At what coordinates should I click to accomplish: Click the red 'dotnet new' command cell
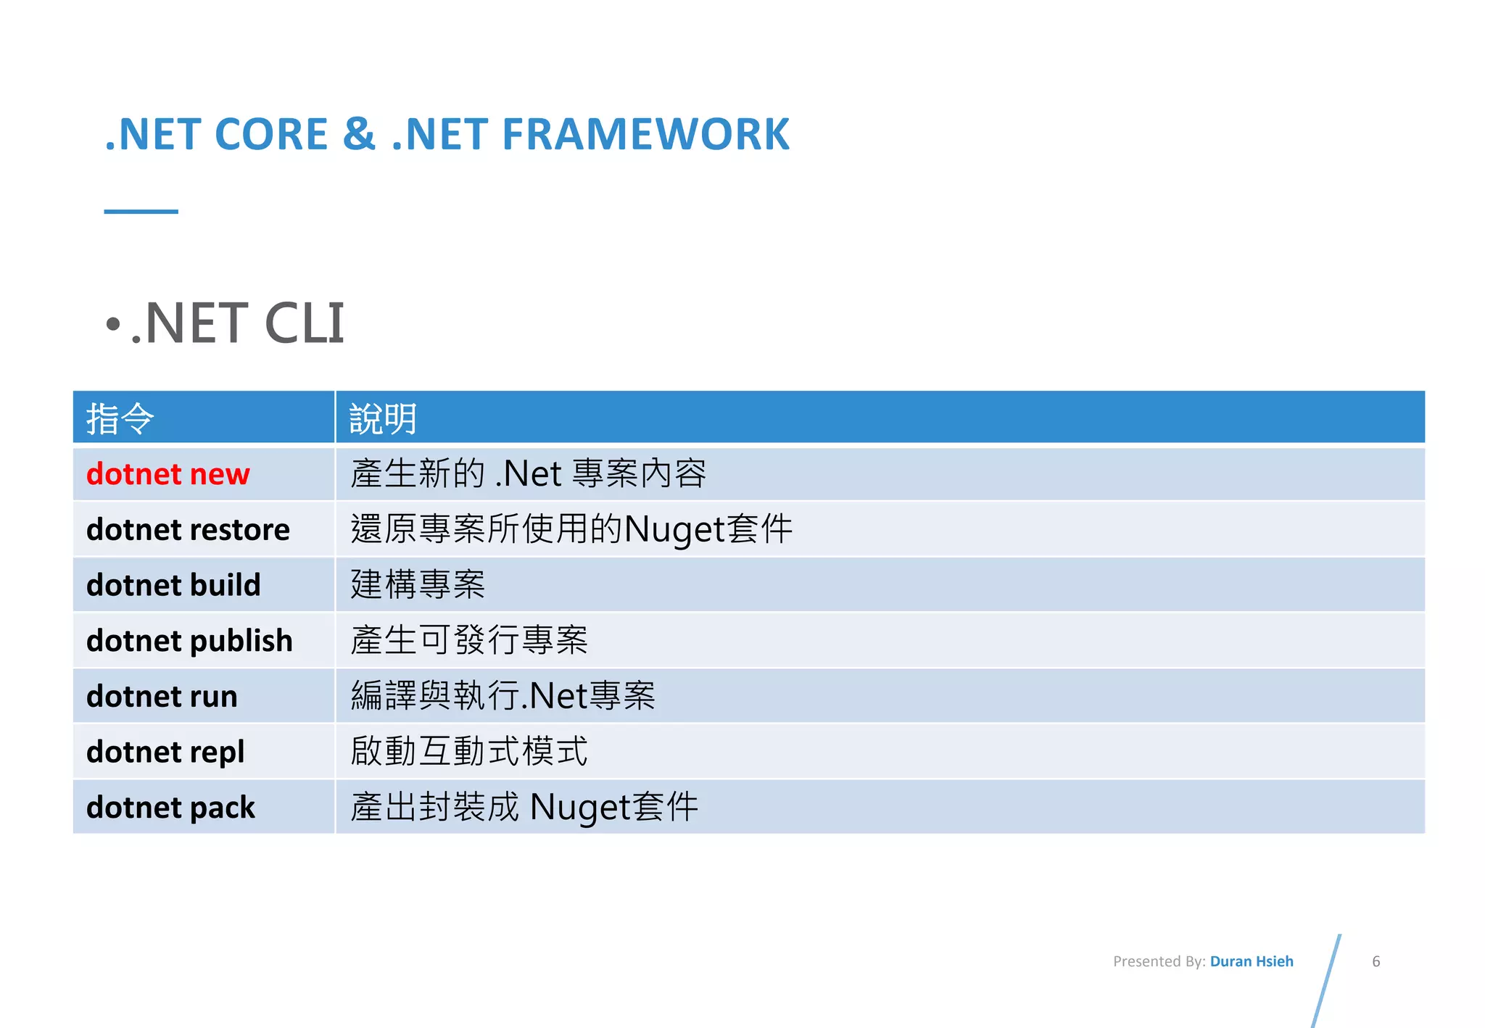[167, 474]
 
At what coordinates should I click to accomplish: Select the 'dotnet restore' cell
[188, 530]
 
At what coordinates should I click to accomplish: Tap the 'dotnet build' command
[173, 585]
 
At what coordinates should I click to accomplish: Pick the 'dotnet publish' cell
[189, 641]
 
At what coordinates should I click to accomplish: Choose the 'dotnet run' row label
[162, 697]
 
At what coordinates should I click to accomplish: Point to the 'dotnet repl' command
[165, 752]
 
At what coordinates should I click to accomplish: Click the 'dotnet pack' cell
[170, 808]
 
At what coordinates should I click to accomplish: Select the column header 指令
[120, 418]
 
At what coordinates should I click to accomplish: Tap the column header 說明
[383, 418]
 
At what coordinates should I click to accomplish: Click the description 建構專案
[418, 584]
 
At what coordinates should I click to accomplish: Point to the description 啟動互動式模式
[469, 751]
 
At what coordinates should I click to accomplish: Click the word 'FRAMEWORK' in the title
[645, 135]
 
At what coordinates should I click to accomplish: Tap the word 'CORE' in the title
[271, 135]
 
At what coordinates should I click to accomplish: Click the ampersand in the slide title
[359, 135]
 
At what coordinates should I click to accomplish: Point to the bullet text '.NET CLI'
[236, 323]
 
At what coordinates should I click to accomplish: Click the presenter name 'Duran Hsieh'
[1252, 961]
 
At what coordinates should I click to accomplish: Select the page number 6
[1376, 961]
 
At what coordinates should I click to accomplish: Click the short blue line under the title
[141, 212]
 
